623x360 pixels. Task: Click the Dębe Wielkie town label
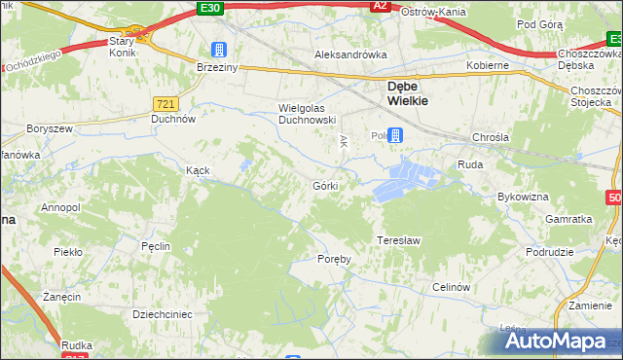pyautogui.click(x=399, y=91)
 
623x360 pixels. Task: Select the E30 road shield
pyautogui.click(x=208, y=8)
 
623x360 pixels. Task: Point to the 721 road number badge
pyautogui.click(x=165, y=102)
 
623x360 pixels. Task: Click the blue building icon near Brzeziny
pyautogui.click(x=219, y=50)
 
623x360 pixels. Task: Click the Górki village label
pyautogui.click(x=325, y=185)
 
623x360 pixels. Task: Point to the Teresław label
pyautogui.click(x=398, y=239)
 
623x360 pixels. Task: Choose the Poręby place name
pyautogui.click(x=333, y=259)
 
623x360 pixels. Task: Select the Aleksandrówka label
pyautogui.click(x=350, y=55)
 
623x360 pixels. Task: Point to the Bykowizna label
pyautogui.click(x=523, y=197)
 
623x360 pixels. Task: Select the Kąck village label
pyautogui.click(x=198, y=169)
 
